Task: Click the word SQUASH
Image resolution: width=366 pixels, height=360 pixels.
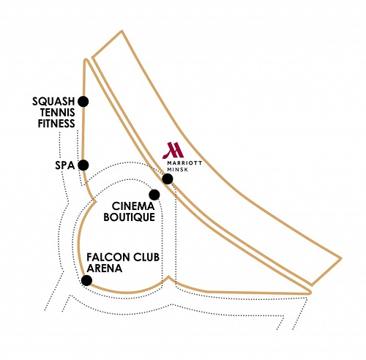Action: click(53, 102)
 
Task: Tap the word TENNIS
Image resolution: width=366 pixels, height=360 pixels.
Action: click(58, 113)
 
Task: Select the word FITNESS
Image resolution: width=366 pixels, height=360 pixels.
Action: click(56, 124)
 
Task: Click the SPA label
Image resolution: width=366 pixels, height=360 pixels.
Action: click(64, 165)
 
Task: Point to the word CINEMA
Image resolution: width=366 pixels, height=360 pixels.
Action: click(133, 206)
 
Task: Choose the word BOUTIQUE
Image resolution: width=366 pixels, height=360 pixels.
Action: click(130, 217)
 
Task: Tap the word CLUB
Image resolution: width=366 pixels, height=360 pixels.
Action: click(146, 258)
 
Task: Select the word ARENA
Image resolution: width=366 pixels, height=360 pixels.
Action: click(105, 269)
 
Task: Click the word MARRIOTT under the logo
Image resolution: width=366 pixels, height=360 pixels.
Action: click(184, 163)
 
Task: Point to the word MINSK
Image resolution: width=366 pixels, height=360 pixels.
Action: click(178, 169)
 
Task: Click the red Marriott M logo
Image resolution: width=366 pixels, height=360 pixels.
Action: click(173, 150)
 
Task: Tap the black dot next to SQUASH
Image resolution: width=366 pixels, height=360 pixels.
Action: click(83, 102)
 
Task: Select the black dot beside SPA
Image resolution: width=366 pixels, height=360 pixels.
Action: click(83, 165)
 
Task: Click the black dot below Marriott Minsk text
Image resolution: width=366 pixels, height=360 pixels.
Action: click(168, 179)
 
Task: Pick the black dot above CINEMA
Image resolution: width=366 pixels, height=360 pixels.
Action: click(154, 195)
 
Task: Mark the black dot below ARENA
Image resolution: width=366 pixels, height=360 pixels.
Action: click(86, 280)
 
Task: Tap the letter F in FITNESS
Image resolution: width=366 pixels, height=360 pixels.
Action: click(40, 124)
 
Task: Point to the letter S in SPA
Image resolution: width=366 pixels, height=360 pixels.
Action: click(58, 165)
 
